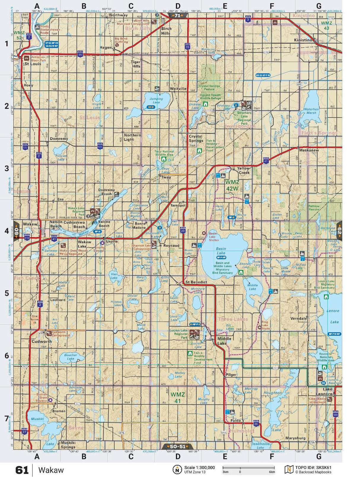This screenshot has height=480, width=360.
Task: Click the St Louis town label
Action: tap(33, 64)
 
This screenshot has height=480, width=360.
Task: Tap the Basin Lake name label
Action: tap(221, 251)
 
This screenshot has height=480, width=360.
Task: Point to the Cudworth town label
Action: tap(42, 341)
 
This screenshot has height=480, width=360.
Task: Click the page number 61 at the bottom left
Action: tap(22, 470)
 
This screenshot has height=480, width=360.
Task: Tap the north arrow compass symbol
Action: tap(177, 470)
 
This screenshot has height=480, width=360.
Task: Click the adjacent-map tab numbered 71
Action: tap(177, 15)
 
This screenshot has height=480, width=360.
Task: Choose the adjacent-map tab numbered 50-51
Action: tap(177, 446)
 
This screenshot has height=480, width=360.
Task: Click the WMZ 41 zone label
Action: tap(178, 398)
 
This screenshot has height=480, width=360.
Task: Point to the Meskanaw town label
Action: tap(309, 150)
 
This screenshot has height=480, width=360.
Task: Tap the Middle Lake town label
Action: tap(224, 341)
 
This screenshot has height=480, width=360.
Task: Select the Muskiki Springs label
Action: tap(68, 445)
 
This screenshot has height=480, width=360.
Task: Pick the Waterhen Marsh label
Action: tap(311, 111)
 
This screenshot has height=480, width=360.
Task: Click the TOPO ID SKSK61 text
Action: tap(313, 468)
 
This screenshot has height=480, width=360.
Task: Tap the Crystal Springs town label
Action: tap(196, 139)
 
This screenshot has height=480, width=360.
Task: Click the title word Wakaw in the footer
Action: tap(51, 470)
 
